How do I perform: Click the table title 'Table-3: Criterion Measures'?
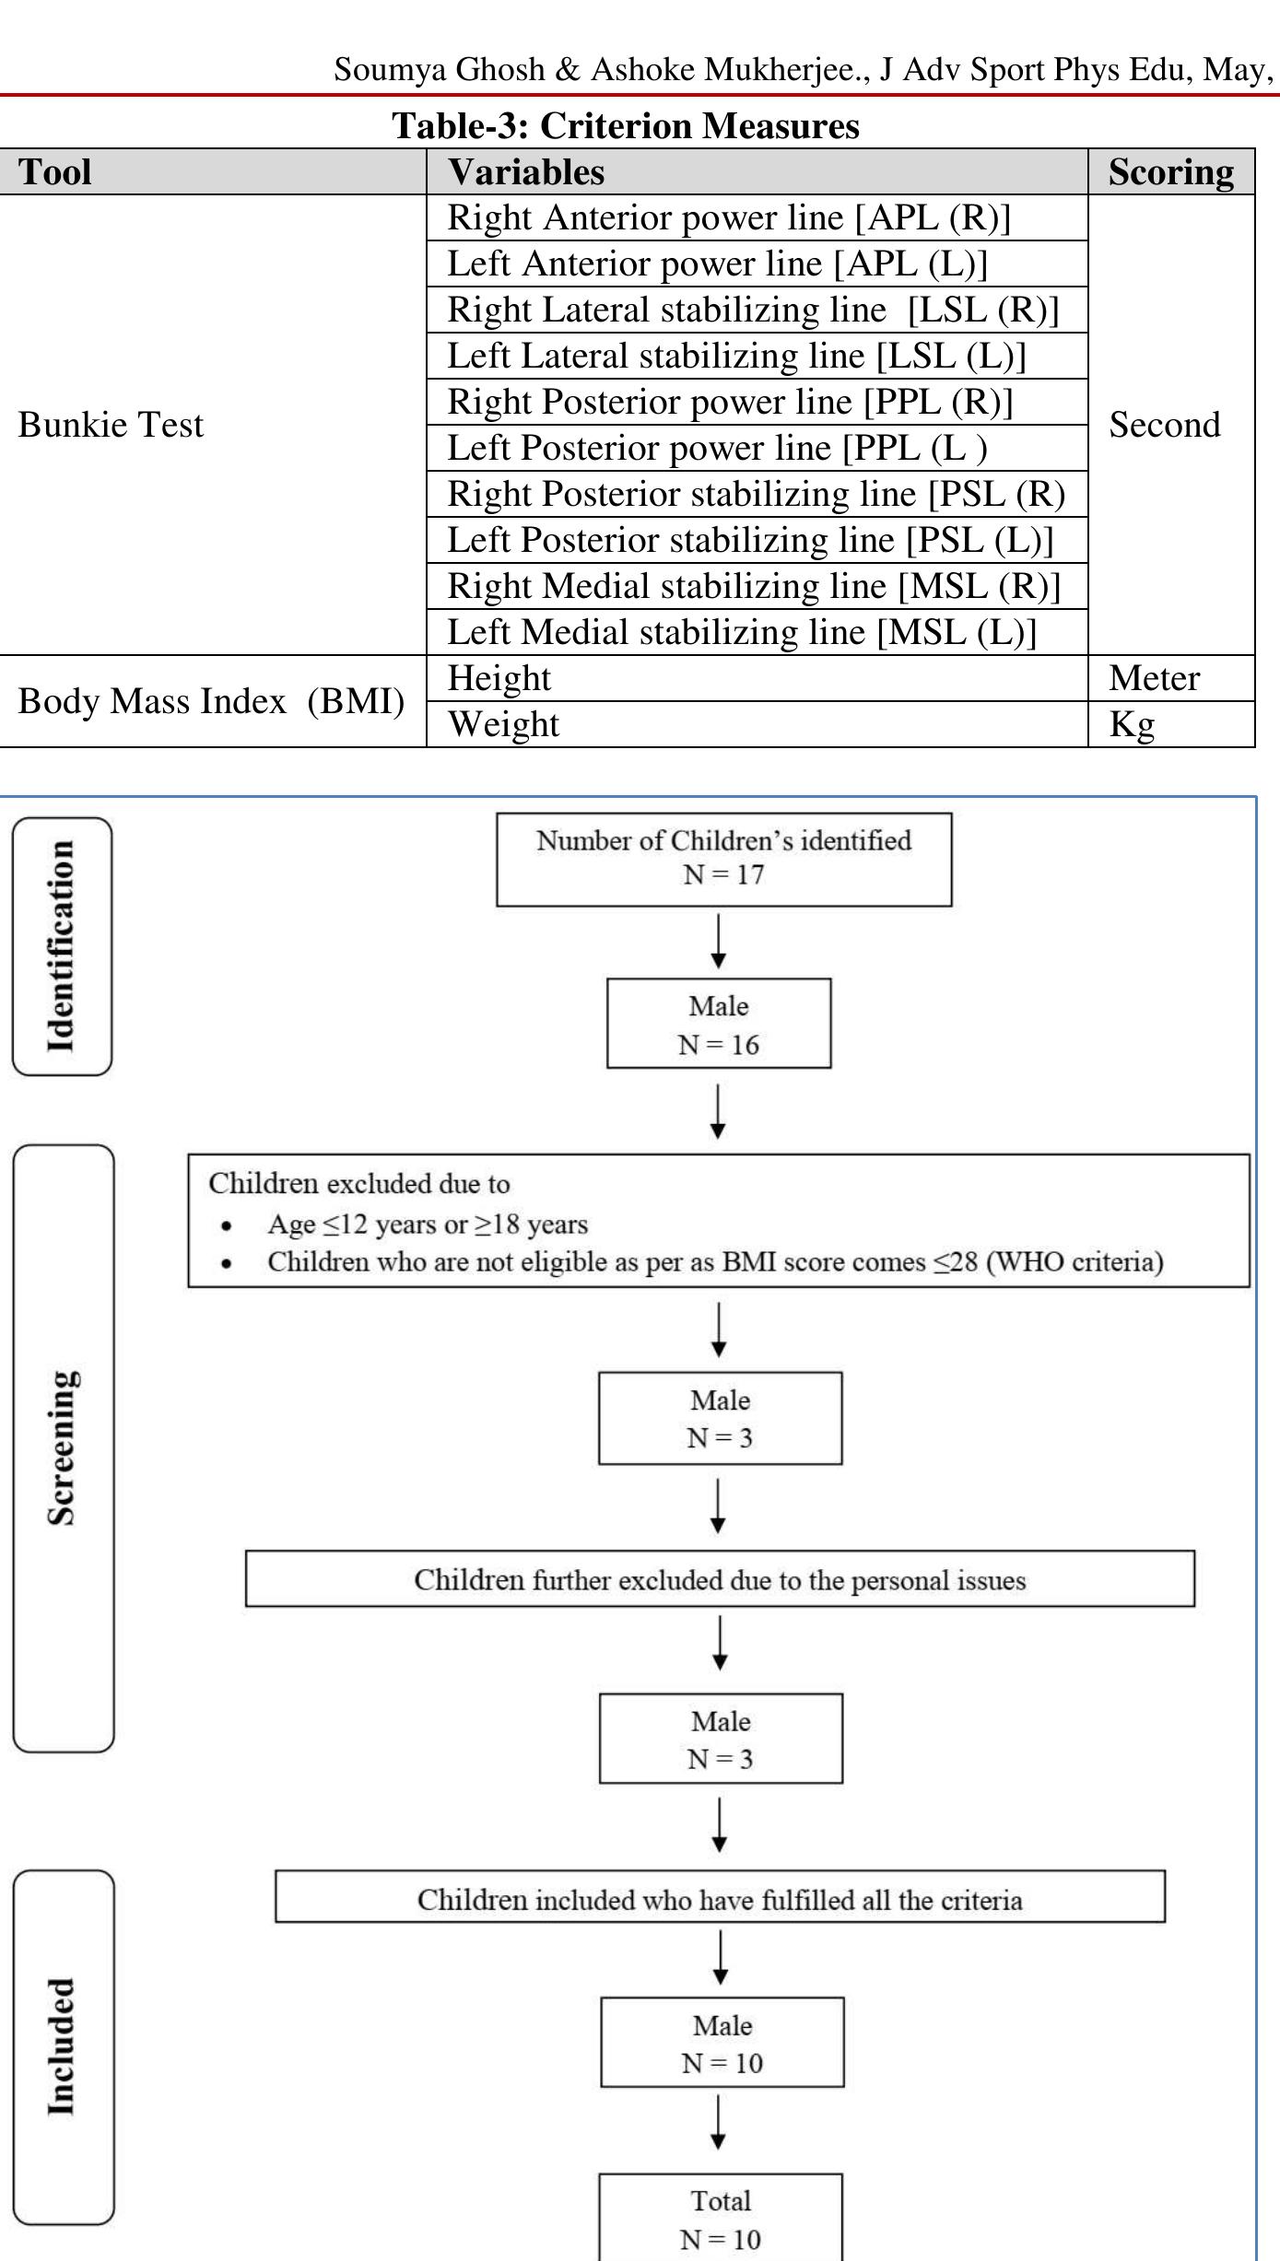(x=626, y=126)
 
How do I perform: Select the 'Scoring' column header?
(x=1170, y=172)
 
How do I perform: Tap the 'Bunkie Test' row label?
(x=111, y=425)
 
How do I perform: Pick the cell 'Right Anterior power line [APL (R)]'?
(x=729, y=218)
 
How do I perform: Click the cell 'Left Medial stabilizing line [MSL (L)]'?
(x=742, y=633)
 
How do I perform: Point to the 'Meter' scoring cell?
(x=1154, y=679)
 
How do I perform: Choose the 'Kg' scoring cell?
(x=1132, y=725)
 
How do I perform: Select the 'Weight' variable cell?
(x=503, y=725)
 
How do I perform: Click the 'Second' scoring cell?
(x=1164, y=425)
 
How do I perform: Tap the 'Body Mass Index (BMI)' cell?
(x=211, y=701)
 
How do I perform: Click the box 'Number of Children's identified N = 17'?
(x=723, y=859)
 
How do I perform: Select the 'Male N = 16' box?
(x=719, y=1024)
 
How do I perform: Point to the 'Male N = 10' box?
(x=722, y=2043)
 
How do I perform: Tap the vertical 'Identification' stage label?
(x=62, y=946)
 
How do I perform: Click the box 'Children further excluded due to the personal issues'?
(x=720, y=1579)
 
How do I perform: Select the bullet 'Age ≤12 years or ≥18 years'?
(x=428, y=1224)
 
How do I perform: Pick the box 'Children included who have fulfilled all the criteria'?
(x=720, y=1899)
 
